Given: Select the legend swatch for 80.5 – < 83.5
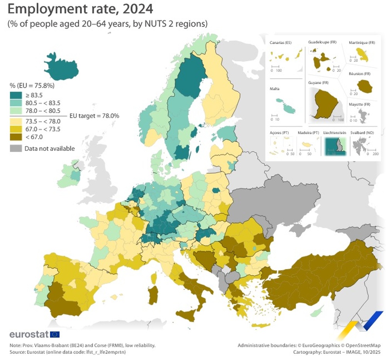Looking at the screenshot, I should tap(15, 103).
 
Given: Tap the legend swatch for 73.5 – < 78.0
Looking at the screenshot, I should tap(15, 121).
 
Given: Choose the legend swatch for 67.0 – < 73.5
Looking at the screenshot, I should tap(15, 128).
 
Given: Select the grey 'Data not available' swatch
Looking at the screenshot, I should tap(15, 148).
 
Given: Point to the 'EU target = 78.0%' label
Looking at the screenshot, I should tap(94, 115).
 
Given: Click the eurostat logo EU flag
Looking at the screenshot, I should tap(55, 334).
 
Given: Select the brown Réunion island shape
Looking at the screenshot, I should tap(364, 86).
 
